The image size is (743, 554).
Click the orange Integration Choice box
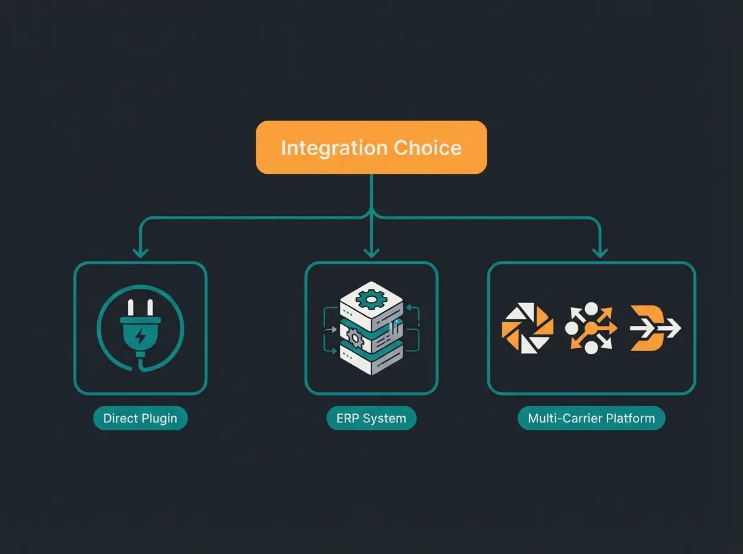(371, 147)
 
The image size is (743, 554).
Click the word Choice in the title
(427, 148)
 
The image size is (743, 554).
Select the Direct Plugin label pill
(140, 418)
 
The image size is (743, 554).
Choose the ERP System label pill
(371, 418)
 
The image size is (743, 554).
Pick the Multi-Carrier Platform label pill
(591, 418)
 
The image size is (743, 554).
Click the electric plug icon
(140, 331)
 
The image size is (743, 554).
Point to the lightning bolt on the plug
(141, 337)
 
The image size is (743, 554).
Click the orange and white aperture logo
(527, 328)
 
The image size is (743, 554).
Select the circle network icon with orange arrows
(591, 328)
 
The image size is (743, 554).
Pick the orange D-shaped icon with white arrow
(653, 328)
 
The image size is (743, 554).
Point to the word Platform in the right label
(630, 418)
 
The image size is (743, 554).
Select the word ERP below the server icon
(348, 418)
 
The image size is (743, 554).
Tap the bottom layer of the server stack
(371, 359)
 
